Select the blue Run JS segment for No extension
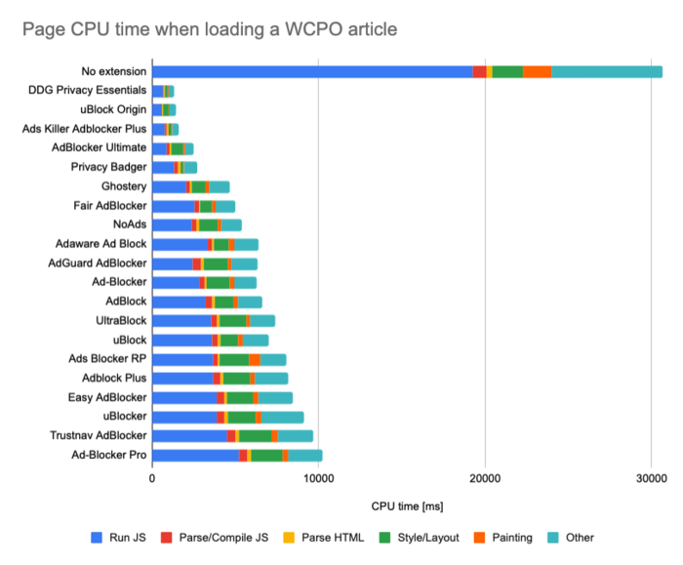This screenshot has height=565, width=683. (312, 71)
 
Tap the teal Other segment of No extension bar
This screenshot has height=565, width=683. (606, 71)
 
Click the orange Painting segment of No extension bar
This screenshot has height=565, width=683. (537, 71)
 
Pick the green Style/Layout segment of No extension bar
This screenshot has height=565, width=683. (507, 71)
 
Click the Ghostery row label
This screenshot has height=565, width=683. (124, 186)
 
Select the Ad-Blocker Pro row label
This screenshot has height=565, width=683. (109, 455)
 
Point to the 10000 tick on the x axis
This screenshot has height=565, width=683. (318, 478)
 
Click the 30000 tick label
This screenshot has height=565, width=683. (650, 478)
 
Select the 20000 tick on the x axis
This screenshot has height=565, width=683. (484, 478)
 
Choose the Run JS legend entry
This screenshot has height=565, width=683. (122, 537)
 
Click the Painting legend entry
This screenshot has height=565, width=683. (503, 537)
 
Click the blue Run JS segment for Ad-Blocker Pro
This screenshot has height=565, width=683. (195, 455)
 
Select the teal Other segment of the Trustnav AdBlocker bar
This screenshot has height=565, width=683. (296, 435)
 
